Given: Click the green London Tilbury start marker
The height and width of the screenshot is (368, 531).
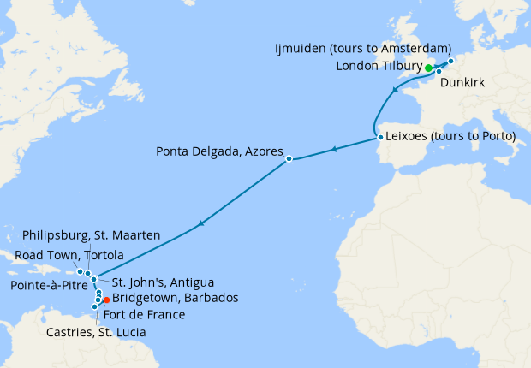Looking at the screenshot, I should (428, 68).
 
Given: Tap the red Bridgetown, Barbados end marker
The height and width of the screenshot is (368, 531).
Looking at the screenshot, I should (106, 300).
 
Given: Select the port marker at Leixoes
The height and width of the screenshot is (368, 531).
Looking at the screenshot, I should (379, 137).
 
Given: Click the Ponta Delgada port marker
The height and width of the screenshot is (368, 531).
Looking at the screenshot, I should (289, 158).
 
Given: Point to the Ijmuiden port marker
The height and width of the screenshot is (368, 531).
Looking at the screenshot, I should (450, 62).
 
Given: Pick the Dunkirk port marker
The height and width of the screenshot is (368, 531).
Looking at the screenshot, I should (439, 72).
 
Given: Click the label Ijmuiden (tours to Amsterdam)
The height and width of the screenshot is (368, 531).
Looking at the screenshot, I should (362, 48).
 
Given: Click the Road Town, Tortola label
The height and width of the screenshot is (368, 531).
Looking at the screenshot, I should (69, 255).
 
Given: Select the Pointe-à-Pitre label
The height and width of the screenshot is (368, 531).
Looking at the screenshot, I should (47, 283).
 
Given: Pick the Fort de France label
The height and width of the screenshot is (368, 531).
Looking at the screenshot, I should (150, 314).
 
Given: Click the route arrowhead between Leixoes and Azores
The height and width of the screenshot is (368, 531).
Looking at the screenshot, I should (335, 150).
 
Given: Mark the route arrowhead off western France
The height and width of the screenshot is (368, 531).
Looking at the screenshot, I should (394, 90).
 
